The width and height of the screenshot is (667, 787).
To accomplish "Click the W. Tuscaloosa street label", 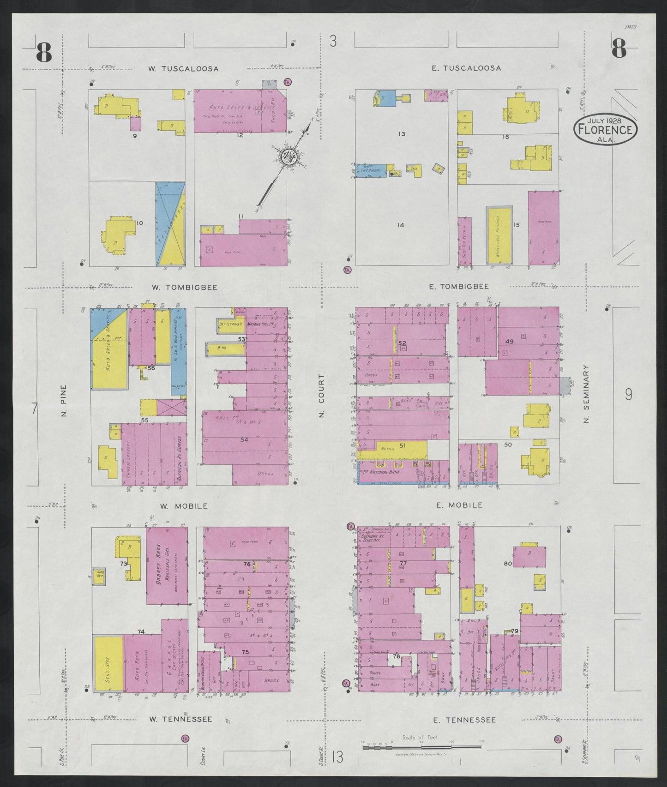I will [183, 69].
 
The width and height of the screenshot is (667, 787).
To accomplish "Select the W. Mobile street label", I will [184, 506].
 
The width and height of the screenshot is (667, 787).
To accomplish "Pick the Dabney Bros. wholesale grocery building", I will [167, 565].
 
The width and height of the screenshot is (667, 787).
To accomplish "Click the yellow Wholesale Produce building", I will [499, 235].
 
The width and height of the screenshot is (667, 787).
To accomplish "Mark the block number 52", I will [402, 343].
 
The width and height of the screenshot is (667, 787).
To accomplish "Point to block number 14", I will [400, 225].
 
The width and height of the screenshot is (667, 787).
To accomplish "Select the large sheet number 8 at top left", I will [44, 51].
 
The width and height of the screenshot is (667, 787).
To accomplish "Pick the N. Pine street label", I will [64, 401].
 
